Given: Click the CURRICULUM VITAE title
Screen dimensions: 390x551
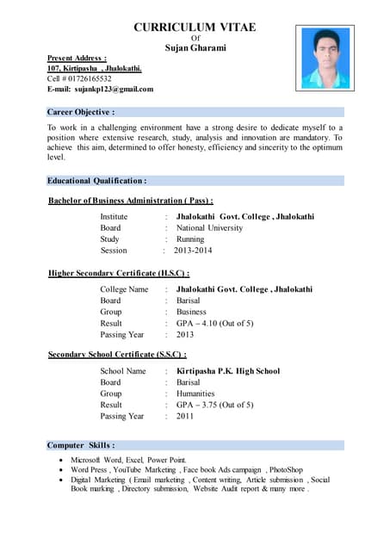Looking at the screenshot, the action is coord(195,28).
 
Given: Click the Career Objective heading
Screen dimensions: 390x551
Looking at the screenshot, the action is coord(81,112).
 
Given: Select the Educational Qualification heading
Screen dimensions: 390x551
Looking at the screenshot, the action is coord(96,181).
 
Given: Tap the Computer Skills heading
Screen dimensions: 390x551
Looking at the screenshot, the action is coord(81,445).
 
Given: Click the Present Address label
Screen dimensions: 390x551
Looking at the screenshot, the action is coord(77,57).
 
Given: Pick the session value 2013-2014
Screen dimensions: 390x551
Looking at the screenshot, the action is coord(193,251).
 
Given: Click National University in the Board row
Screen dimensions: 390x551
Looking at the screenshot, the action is coord(209,228).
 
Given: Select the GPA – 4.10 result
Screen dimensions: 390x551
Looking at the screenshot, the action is coord(214,323).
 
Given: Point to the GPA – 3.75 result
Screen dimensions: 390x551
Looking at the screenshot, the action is coord(214,405).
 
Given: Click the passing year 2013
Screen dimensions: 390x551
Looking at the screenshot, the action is coord(185,334).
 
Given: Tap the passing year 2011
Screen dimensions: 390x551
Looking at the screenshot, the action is coord(185,416).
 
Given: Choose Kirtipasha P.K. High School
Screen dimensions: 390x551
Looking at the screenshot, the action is coord(227,371).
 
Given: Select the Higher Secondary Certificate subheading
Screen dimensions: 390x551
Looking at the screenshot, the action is coord(119,273).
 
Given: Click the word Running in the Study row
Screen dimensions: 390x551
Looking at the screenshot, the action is coord(190,239).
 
